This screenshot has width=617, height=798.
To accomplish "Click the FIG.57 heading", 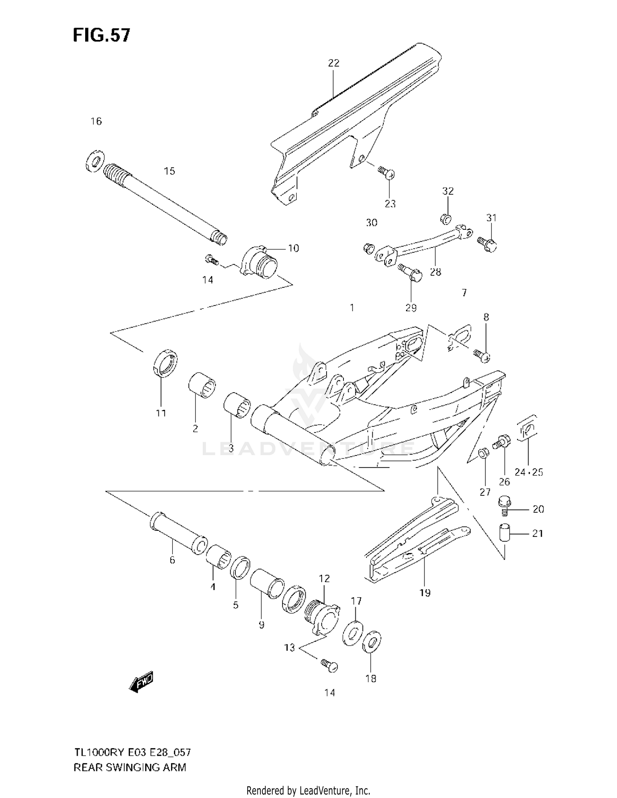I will [101, 35].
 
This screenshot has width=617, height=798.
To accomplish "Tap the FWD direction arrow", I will [141, 683].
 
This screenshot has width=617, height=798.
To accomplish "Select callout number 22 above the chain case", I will [334, 63].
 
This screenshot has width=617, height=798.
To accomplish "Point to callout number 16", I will [96, 121].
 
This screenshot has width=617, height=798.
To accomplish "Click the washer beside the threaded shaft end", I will [95, 160].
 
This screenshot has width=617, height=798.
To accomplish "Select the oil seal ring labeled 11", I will [165, 362].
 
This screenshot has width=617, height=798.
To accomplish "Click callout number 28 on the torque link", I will [435, 272].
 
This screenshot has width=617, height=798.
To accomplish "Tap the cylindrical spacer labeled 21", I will [504, 533].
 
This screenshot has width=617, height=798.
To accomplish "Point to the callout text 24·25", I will [529, 472].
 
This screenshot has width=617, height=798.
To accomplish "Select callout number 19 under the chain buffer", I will [425, 593].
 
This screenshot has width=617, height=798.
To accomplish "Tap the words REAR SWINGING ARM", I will [130, 767].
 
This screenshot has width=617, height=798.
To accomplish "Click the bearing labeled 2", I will [202, 384].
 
